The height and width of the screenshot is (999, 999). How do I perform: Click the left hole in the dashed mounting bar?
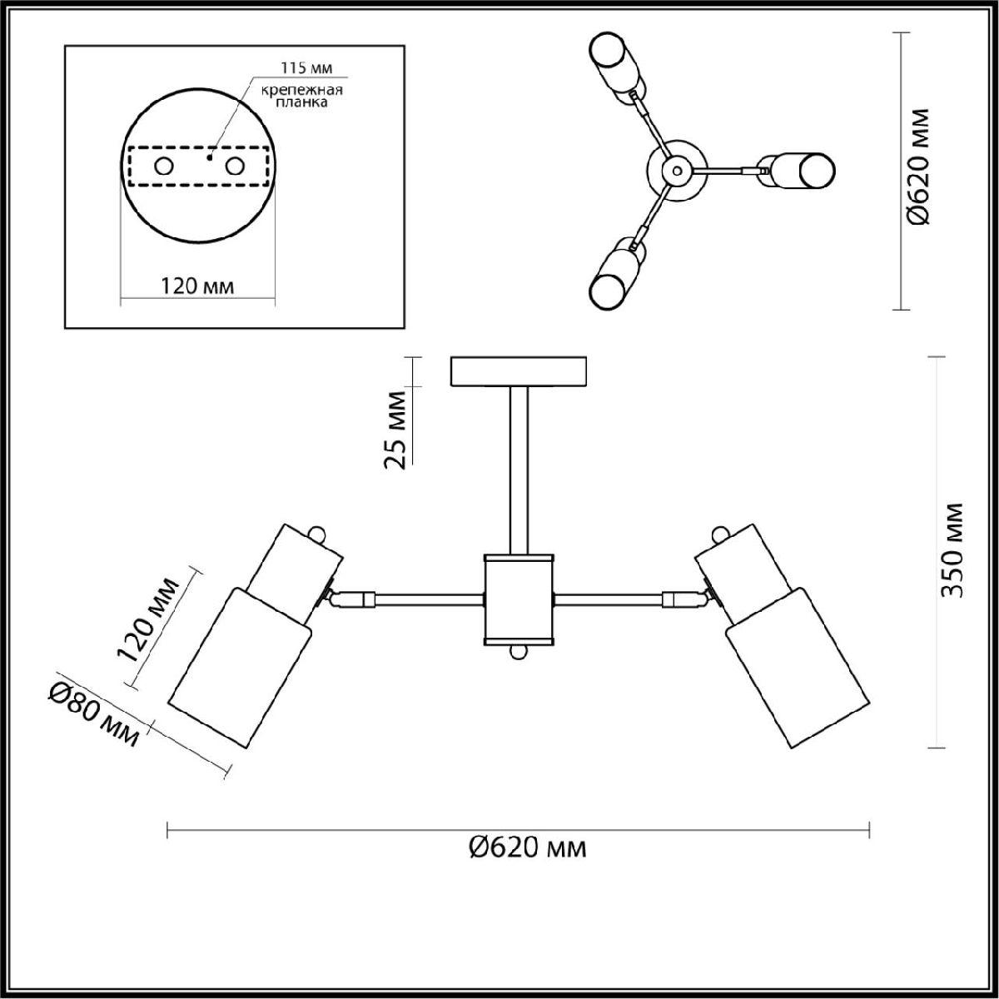tap(164, 166)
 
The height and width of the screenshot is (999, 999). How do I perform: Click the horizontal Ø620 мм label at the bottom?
tap(528, 847)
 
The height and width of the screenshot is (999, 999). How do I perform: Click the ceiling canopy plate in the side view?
tap(517, 371)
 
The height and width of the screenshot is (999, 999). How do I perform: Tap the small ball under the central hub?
tap(518, 654)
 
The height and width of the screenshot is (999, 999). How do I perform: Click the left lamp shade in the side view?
tap(241, 666)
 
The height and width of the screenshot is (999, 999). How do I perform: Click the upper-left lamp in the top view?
tap(615, 67)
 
